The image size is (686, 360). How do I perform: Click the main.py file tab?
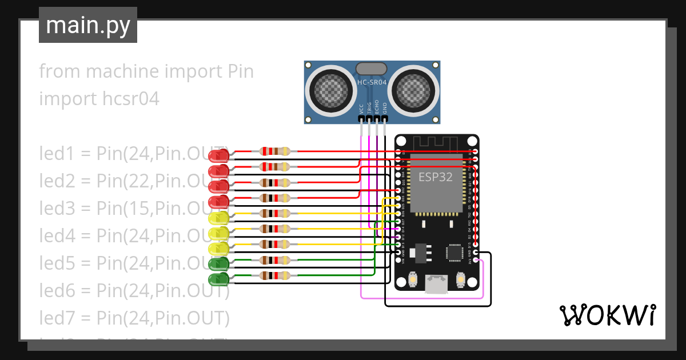coord(87,25)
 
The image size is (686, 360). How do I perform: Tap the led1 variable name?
coord(55,154)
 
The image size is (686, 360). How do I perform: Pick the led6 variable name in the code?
coord(55,291)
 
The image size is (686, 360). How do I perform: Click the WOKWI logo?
coord(607,315)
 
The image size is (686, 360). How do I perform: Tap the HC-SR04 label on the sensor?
coord(372,83)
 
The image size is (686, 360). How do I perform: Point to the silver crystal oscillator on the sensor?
coord(371,69)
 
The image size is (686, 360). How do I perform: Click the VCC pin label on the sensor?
coord(361,109)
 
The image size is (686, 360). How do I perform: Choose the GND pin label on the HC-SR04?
coord(385,108)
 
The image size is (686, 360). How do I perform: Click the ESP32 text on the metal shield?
coord(436,177)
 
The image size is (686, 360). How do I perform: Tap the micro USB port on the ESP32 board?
coord(436,283)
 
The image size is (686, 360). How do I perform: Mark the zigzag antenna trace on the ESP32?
coord(436,142)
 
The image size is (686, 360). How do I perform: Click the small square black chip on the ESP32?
coord(455,253)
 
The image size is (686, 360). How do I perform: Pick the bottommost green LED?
coord(218,279)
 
